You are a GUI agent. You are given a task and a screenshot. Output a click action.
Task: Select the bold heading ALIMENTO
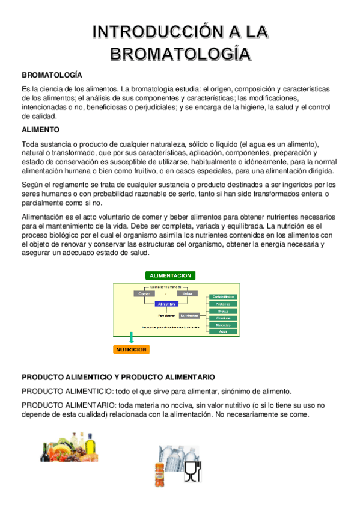[40, 129]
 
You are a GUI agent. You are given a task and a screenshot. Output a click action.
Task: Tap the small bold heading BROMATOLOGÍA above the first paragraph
[52, 75]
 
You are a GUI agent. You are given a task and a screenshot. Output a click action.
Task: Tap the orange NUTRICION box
[131, 349]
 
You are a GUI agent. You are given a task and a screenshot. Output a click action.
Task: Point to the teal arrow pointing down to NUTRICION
[131, 337]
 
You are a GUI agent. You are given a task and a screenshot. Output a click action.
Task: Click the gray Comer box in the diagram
[144, 293]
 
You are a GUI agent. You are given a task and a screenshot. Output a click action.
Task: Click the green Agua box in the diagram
[224, 331]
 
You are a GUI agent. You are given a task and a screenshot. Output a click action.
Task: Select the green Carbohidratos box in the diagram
[224, 297]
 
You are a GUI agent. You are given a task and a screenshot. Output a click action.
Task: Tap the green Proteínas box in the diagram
[224, 304]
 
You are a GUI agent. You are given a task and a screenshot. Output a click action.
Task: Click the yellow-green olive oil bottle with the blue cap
[91, 447]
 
